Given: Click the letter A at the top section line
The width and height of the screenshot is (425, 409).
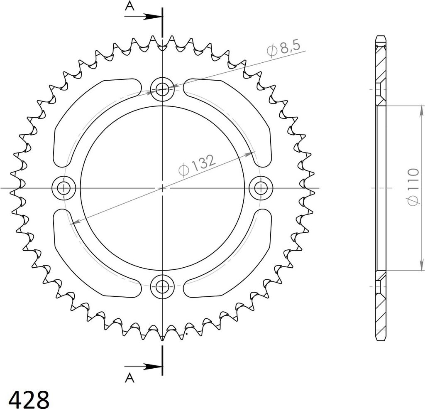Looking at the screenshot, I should coord(130,6).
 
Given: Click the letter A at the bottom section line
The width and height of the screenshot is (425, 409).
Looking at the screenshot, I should coord(130,377).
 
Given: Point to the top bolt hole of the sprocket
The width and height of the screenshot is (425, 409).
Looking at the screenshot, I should coord(162,89).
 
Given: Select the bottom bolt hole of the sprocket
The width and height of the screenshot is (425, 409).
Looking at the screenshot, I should coord(162,286).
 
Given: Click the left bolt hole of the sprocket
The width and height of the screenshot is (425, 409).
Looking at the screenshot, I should coord(64,188).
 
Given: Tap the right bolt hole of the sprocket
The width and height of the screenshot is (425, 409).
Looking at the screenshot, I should coord(260,188).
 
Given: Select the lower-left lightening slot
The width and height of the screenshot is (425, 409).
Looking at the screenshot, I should coord(89,264).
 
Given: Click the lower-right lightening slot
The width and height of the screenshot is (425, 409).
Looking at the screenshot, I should coord(234,264).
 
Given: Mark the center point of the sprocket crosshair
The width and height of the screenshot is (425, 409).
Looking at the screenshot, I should coord(162,188).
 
